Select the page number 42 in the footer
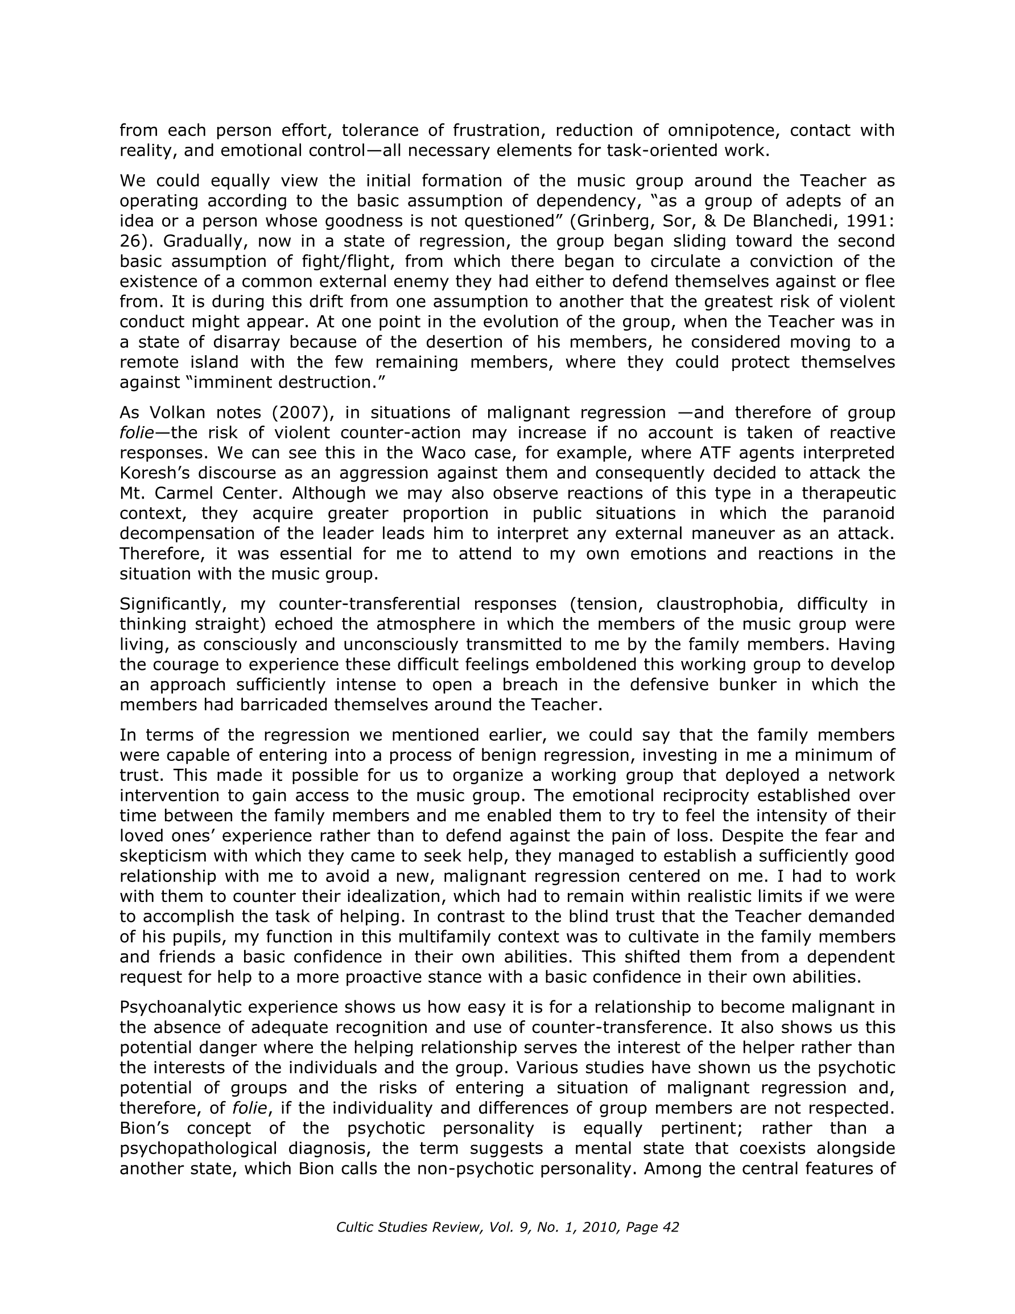(670, 1228)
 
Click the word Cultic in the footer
(354, 1228)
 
